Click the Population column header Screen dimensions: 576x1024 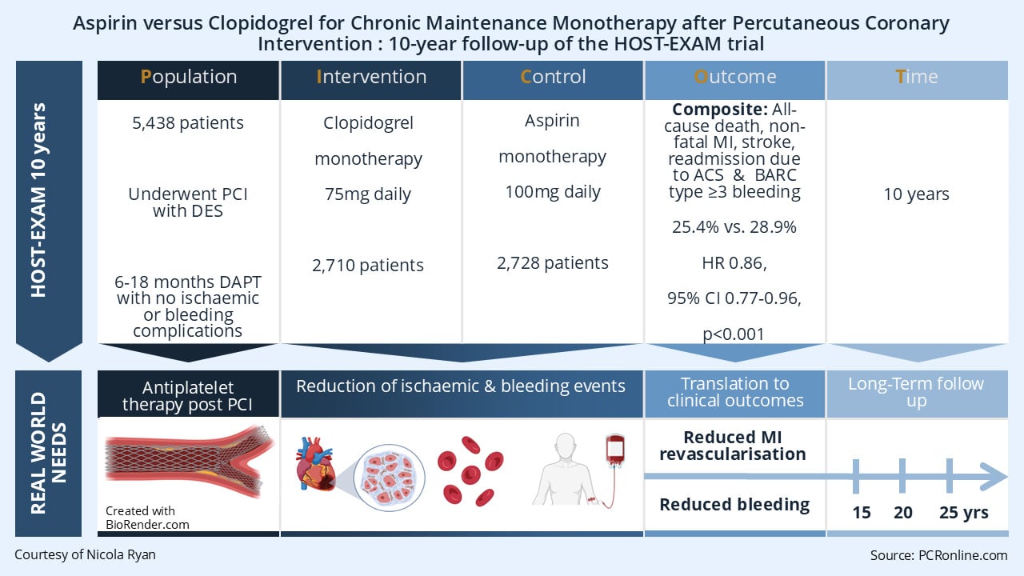tap(189, 78)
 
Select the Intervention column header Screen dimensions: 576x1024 tap(371, 78)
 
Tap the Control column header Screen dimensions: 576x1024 tap(554, 78)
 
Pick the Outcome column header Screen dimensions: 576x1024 tap(735, 78)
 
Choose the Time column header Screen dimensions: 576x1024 tap(917, 78)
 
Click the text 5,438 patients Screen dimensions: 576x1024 tap(189, 123)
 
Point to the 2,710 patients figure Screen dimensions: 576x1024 tap(368, 266)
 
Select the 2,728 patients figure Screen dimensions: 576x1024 tap(553, 262)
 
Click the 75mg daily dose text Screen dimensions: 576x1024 tap(369, 194)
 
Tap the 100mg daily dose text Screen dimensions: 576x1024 tap(553, 192)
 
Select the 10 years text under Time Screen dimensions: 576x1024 tap(917, 194)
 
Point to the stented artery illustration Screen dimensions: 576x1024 tap(188, 468)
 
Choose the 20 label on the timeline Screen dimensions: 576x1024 tap(902, 513)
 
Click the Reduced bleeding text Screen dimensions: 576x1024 tap(734, 505)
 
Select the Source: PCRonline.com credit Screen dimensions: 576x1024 tap(939, 555)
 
